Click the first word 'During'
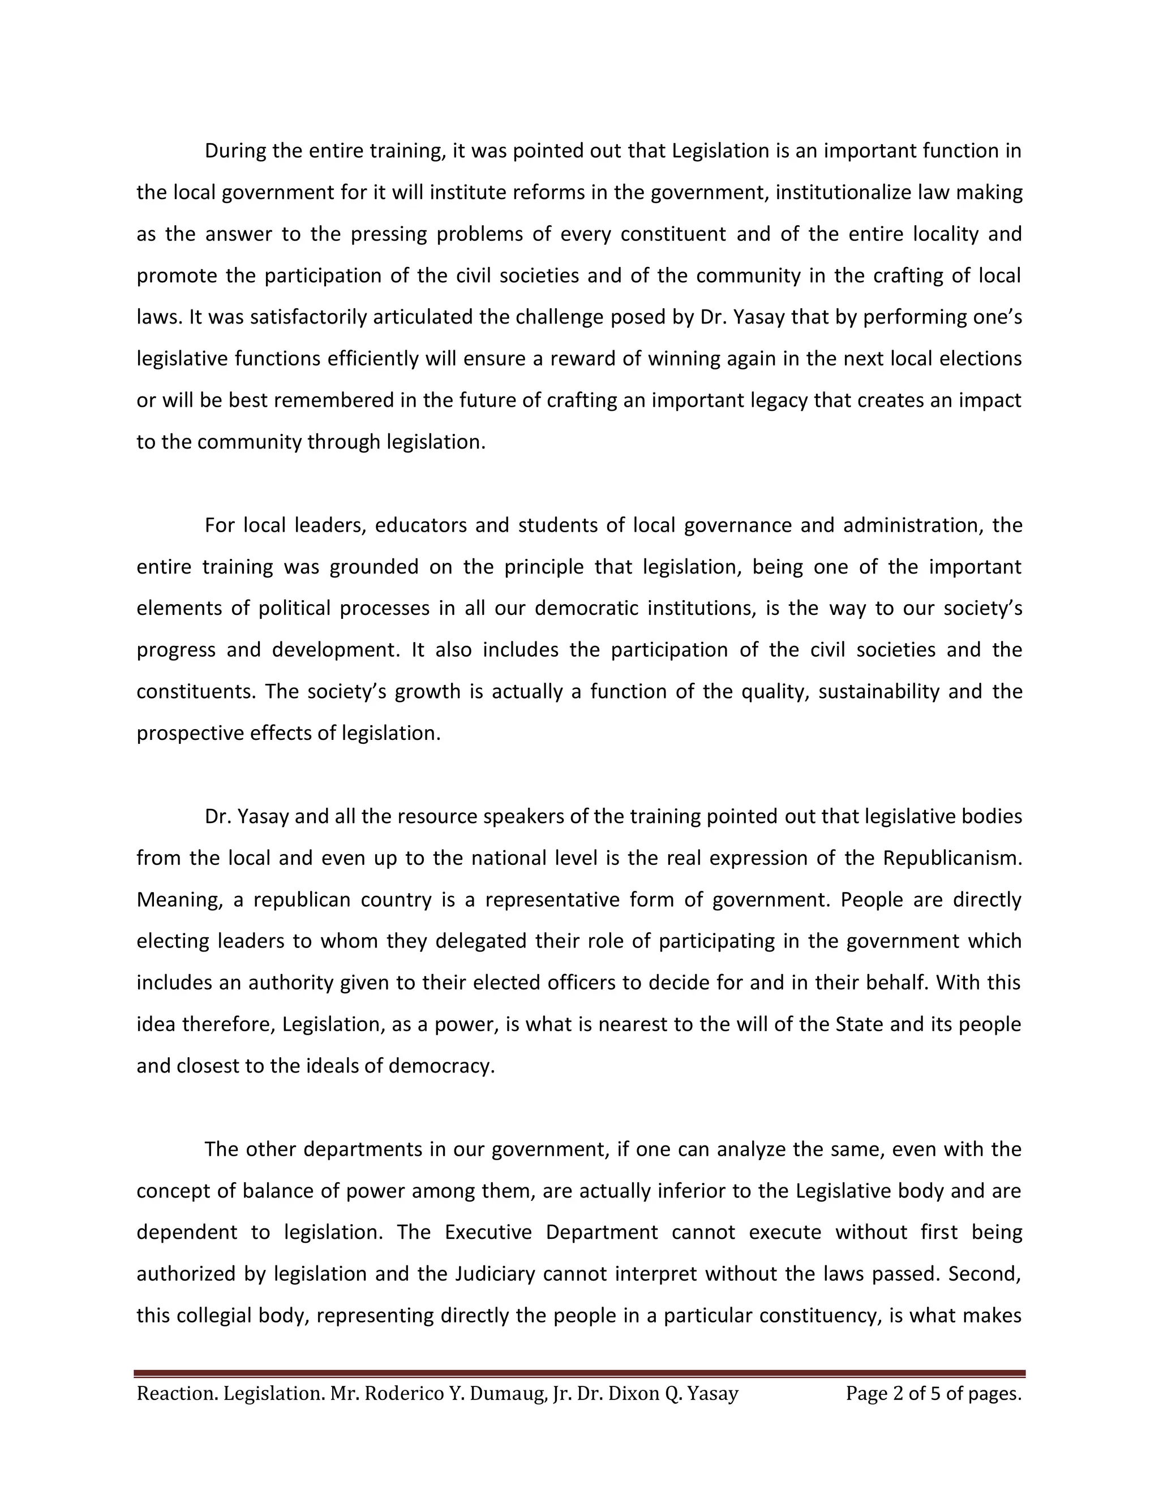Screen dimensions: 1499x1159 coord(235,151)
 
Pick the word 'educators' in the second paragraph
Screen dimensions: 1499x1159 coord(421,525)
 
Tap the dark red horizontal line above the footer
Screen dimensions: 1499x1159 coord(579,1373)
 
